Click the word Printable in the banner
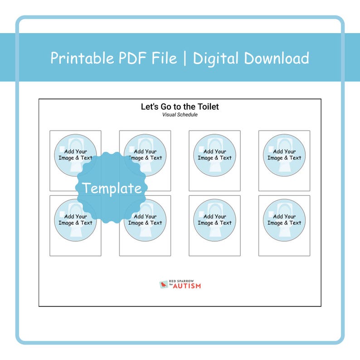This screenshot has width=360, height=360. tap(82, 58)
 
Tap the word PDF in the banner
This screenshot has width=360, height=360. tap(132, 58)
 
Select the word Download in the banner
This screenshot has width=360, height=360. tap(277, 58)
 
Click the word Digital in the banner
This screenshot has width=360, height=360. tap(215, 58)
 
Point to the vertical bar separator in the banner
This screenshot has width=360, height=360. tap(185, 58)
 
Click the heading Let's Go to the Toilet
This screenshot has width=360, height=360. tap(180, 107)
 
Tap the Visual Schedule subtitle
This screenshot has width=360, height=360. tap(180, 115)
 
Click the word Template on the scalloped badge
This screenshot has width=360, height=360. tap(112, 188)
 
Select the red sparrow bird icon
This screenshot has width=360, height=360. tap(164, 285)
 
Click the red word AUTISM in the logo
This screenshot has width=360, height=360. tap(187, 286)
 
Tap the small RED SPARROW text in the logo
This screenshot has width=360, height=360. tap(181, 281)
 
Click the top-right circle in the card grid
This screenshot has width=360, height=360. tap(284, 155)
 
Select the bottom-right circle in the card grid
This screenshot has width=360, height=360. tap(284, 220)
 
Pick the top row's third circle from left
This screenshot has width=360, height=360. tap(214, 155)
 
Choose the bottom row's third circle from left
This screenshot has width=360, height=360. tap(214, 220)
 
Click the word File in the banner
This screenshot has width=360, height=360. tap(164, 58)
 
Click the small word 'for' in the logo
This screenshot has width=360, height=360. tap(171, 284)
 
